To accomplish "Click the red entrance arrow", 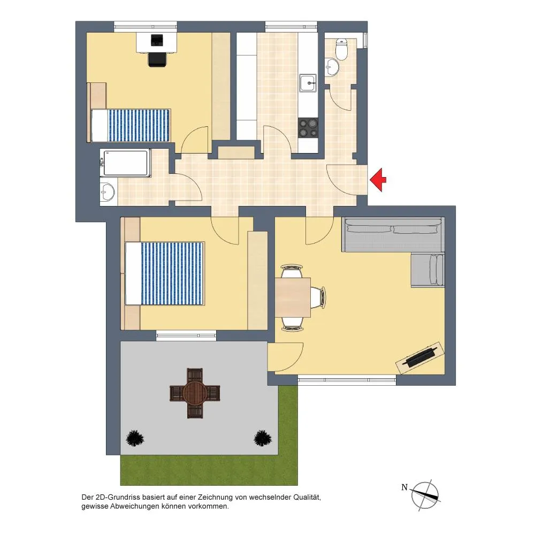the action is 378,180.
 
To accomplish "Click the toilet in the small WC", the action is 341,49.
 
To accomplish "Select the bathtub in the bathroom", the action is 125,163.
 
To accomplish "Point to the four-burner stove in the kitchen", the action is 308,128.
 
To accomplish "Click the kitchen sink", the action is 308,83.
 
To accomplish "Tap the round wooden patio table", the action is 195,393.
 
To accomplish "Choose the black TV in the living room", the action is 420,357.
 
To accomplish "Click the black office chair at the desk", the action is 158,59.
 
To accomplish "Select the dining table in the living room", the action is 293,297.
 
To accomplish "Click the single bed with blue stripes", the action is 131,125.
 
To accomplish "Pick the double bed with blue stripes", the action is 165,273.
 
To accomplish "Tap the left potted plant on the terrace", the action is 135,438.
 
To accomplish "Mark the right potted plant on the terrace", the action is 263,438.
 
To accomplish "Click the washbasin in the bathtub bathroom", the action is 108,192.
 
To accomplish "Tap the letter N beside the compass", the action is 404,487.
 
